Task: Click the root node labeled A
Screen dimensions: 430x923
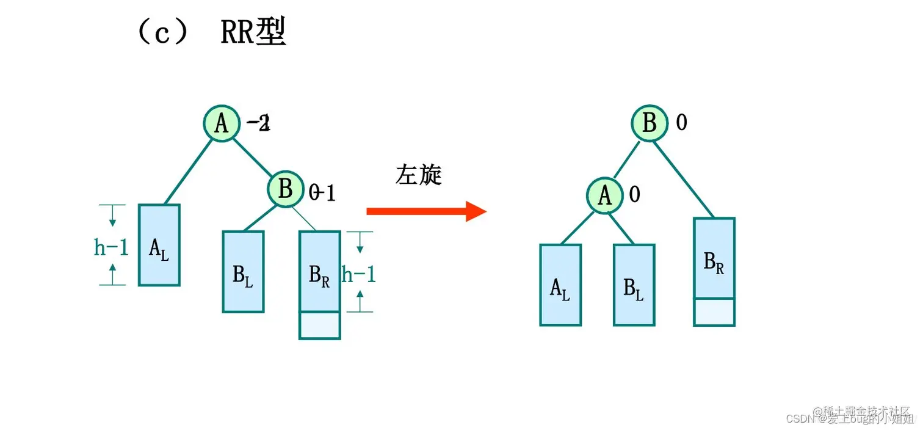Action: (x=221, y=124)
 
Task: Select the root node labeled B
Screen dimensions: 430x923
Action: (x=650, y=123)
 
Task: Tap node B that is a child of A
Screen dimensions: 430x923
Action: (x=285, y=189)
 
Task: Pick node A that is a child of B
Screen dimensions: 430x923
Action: (x=604, y=195)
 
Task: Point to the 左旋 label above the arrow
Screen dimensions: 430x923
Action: (x=418, y=175)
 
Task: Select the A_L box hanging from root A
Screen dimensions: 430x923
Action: (x=159, y=245)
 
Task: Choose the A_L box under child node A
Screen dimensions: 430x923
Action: (x=560, y=285)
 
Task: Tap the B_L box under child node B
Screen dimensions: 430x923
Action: (x=243, y=271)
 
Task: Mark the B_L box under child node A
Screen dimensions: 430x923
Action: (x=634, y=285)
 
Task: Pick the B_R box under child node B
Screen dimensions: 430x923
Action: (x=320, y=272)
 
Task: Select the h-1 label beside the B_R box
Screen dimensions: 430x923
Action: (x=358, y=274)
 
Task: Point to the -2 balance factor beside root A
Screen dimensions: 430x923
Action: (x=258, y=124)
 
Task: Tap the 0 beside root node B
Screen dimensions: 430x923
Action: (x=681, y=123)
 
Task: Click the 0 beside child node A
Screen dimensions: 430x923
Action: (x=634, y=195)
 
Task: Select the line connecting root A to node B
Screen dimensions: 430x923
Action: (x=253, y=156)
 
